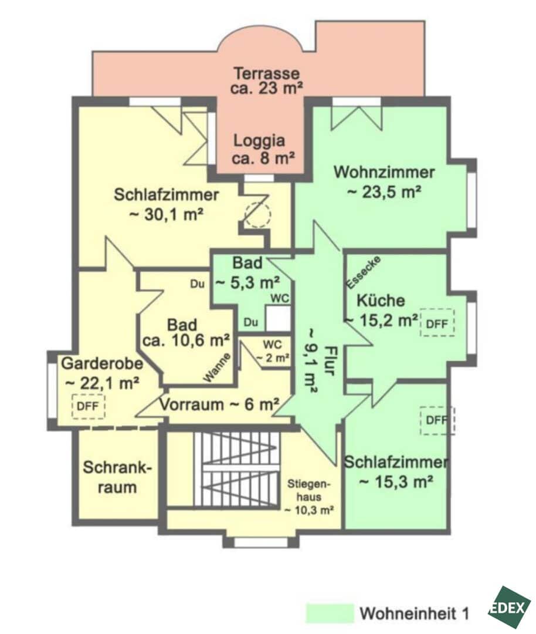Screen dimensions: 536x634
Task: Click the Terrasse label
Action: pos(267,81)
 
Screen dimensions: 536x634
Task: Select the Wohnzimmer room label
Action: pos(384,181)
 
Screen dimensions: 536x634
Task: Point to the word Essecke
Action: pos(363,272)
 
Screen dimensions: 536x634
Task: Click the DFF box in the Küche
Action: pos(437,323)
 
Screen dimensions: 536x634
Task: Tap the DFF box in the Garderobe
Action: pos(88,406)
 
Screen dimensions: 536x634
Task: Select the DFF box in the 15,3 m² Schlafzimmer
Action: pos(437,420)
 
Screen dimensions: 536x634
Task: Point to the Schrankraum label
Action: pos(117,477)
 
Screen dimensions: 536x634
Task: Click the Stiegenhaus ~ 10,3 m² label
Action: pos(309,497)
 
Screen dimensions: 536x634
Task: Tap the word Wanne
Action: pos(217,367)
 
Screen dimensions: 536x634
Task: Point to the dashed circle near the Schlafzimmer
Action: pos(259,215)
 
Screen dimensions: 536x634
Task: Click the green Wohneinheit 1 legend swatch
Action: pos(330,613)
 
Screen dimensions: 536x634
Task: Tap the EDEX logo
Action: pos(510,608)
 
